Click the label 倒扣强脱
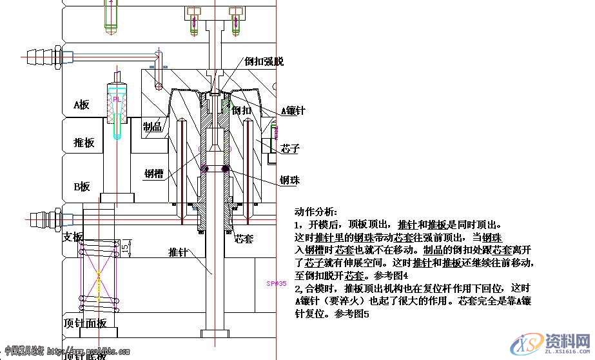pos(264,62)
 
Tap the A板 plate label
pos(81,105)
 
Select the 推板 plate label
pos(84,143)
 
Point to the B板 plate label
pos(81,186)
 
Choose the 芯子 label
pos(290,149)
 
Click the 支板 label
pos(73,237)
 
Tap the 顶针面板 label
pos(85,323)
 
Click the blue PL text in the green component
pos(117,100)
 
